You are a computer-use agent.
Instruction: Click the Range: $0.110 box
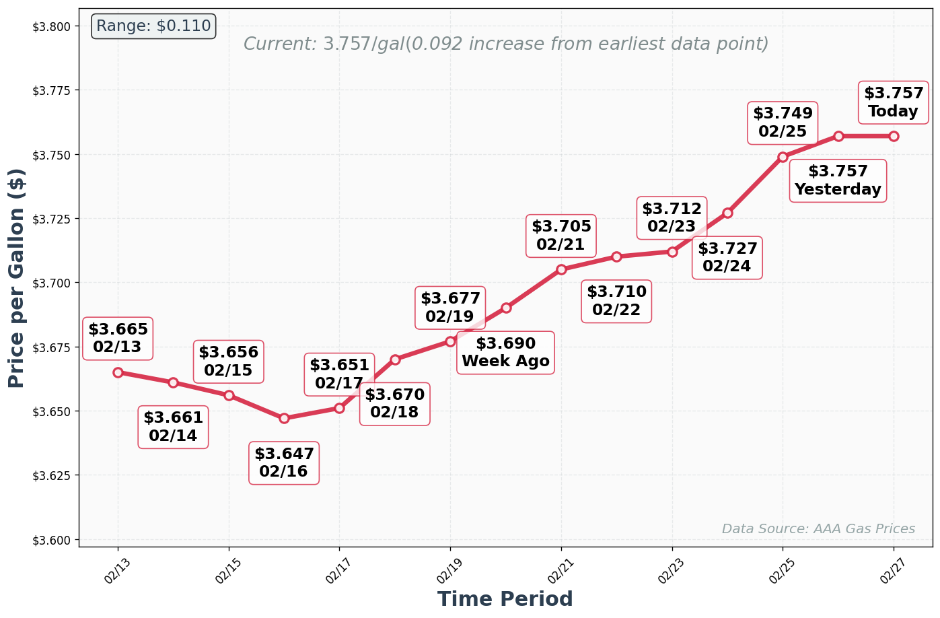coord(153,26)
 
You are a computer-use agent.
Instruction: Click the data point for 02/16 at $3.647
coord(284,418)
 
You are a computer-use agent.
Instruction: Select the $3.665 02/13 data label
coord(118,339)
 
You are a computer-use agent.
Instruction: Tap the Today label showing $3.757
coord(894,102)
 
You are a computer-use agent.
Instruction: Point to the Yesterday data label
coord(838,180)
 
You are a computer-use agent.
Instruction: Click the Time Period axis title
coord(505,599)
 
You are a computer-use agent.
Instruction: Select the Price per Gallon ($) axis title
coord(17,278)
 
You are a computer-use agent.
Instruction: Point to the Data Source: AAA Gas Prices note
coord(818,529)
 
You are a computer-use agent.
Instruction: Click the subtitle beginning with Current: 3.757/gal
coord(505,44)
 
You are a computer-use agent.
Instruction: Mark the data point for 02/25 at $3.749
coord(783,157)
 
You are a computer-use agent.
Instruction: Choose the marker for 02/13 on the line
coord(118,372)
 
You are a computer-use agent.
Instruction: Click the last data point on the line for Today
coord(894,136)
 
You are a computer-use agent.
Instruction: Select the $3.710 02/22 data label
coord(616,301)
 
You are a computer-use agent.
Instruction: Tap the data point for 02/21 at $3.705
coord(561,269)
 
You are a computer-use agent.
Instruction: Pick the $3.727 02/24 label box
coord(727,258)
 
